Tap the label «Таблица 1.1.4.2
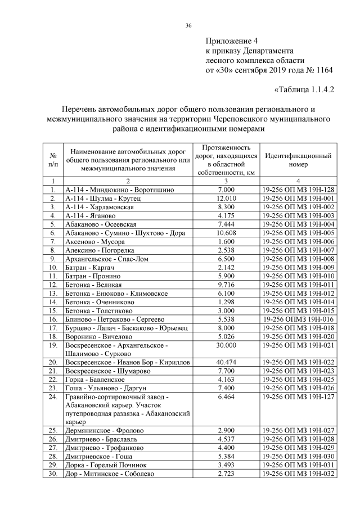pyautogui.click(x=303, y=90)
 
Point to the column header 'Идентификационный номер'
pyautogui.click(x=298, y=160)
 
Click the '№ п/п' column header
pyautogui.click(x=52, y=160)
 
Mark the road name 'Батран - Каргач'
pyautogui.click(x=89, y=267)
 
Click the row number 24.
pyautogui.click(x=53, y=397)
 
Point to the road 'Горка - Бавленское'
pyautogui.click(x=94, y=381)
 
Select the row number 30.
pyautogui.click(x=53, y=474)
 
